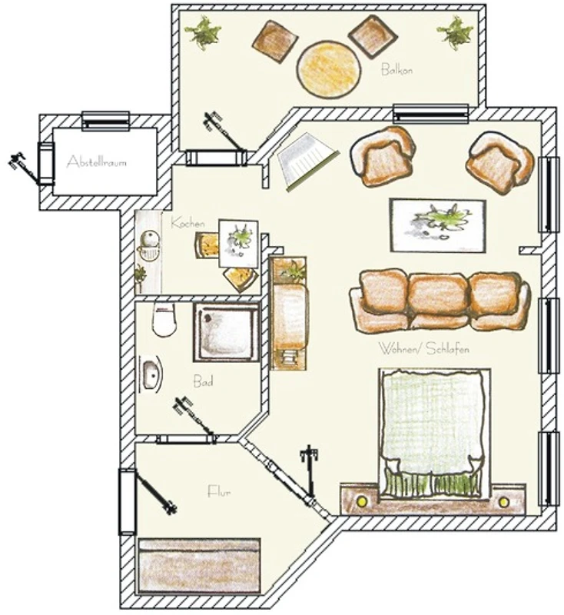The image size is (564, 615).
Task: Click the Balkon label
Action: click(x=396, y=70)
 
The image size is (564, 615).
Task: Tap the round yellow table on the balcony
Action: click(x=328, y=69)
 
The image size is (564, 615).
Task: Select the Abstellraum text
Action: click(x=96, y=161)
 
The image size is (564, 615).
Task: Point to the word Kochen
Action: click(x=187, y=223)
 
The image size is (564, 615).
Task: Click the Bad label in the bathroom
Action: click(x=203, y=381)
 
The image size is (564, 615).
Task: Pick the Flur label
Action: click(x=219, y=491)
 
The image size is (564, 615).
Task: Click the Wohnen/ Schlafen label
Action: click(x=423, y=348)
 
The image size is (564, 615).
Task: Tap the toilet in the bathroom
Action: click(x=164, y=319)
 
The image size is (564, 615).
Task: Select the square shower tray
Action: click(x=226, y=332)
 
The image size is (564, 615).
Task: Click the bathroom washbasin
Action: click(x=150, y=374)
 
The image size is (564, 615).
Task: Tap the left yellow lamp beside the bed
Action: click(x=361, y=501)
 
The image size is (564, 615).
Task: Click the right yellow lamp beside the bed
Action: click(x=503, y=502)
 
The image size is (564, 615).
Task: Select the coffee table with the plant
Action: click(x=437, y=225)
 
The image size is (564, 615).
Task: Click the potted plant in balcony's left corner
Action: click(x=203, y=32)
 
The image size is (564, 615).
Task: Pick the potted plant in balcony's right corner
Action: click(x=455, y=32)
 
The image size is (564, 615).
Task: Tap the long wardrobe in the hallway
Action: click(x=199, y=566)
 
